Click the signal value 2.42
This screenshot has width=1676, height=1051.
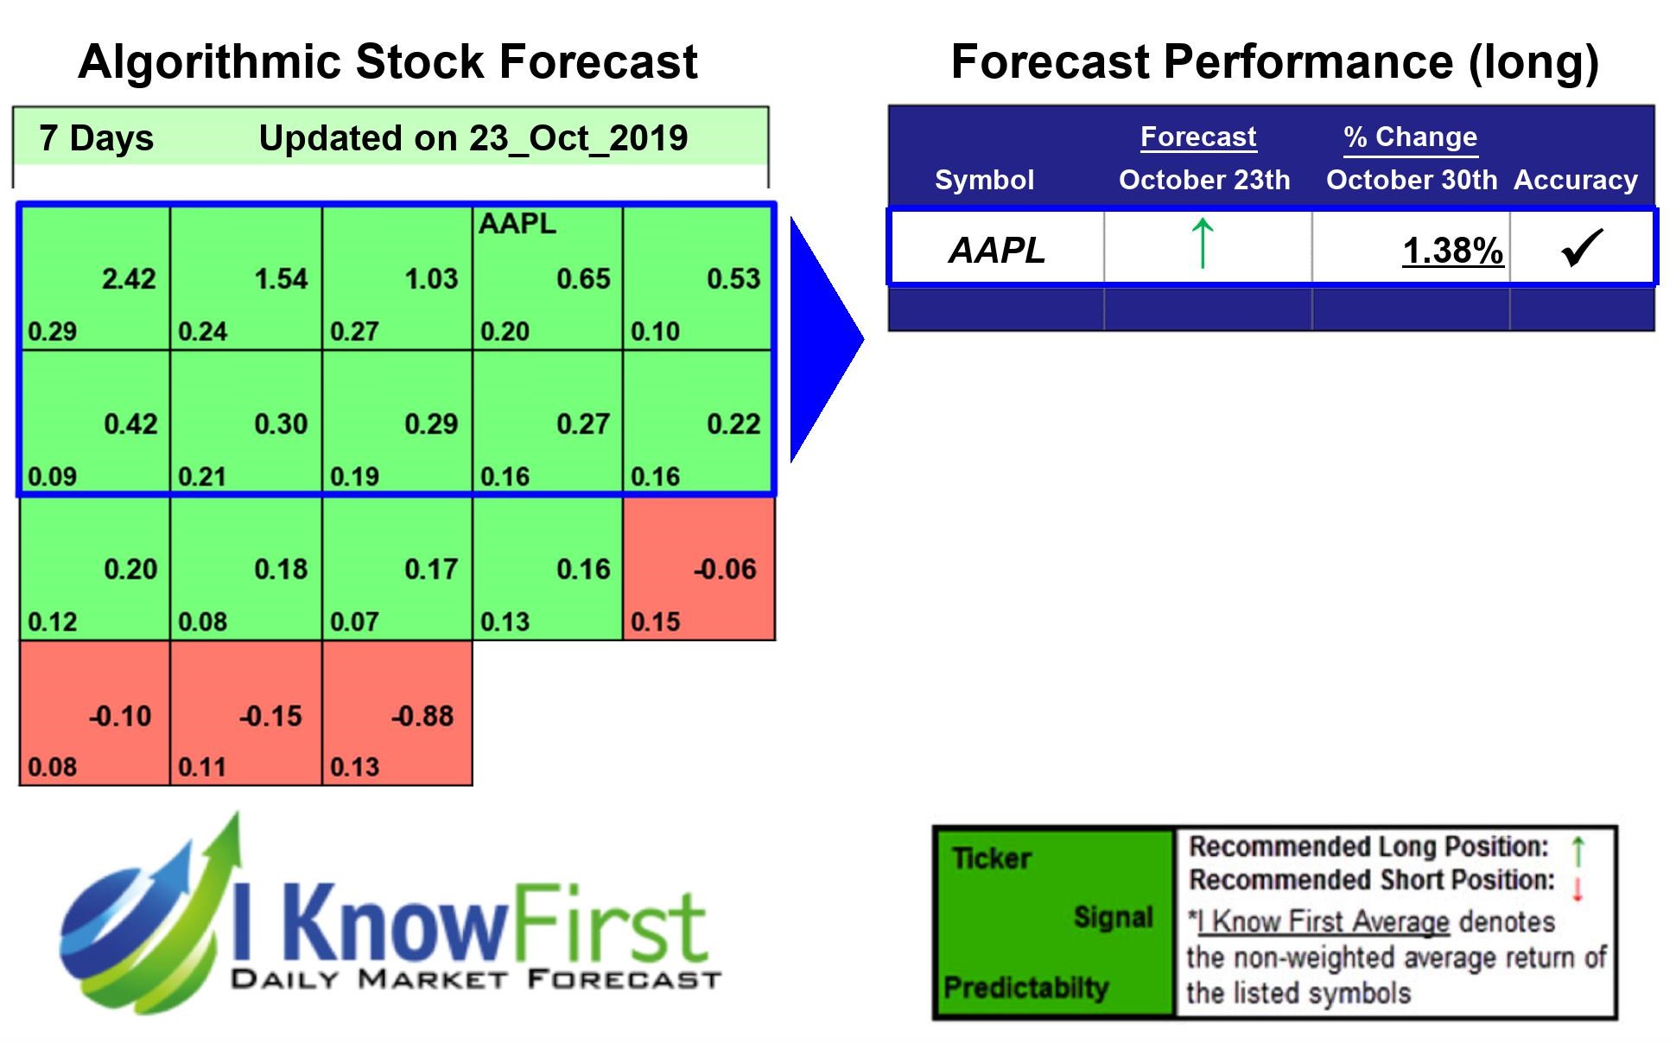[x=129, y=279]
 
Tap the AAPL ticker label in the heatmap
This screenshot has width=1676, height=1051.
[x=517, y=224]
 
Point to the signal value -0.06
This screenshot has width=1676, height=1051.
[x=725, y=570]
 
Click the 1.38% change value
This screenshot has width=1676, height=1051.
[x=1452, y=251]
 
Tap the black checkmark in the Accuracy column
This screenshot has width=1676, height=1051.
[x=1582, y=248]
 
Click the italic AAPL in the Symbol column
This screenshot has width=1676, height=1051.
[x=997, y=251]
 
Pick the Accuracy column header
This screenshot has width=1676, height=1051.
[x=1575, y=180]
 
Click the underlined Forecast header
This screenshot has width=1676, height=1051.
[x=1197, y=137]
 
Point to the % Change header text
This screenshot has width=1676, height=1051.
[x=1410, y=137]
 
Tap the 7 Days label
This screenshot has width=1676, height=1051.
[x=96, y=138]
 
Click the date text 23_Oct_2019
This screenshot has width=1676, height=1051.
[x=578, y=138]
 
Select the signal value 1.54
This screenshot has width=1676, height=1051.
[x=281, y=279]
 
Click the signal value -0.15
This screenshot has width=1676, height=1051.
[x=270, y=717]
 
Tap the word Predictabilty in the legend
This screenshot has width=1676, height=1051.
[x=1025, y=987]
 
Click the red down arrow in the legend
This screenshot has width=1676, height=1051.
[x=1577, y=889]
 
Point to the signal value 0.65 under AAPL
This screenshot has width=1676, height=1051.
[x=583, y=279]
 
